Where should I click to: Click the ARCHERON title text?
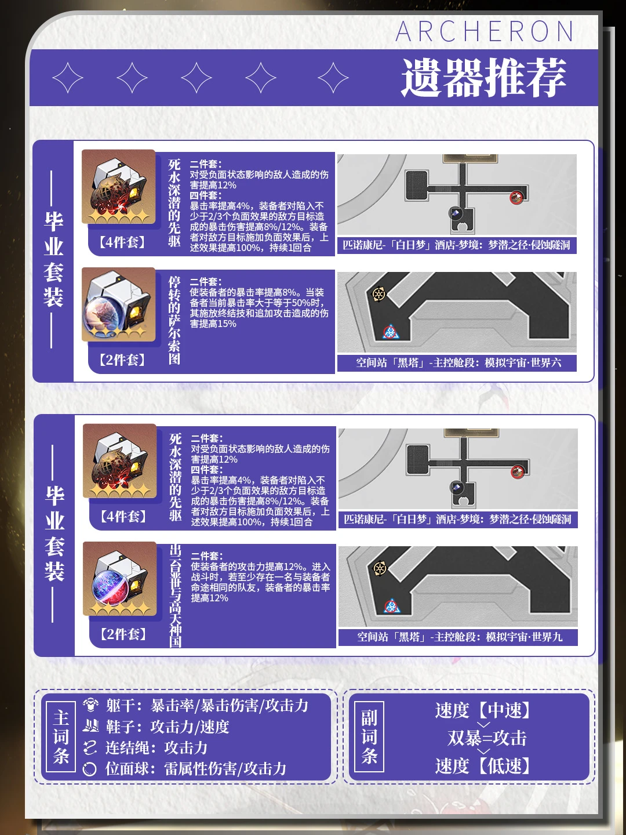tap(484, 31)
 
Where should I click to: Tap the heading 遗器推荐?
tap(483, 78)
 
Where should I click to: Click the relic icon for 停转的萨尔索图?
tap(119, 304)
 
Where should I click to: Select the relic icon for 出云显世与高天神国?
tap(120, 579)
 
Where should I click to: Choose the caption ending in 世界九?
tap(460, 637)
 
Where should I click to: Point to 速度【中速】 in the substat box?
tap(483, 710)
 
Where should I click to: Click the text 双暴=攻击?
tap(487, 738)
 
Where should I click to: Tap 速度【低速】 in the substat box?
tap(483, 765)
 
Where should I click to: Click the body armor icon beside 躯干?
tap(90, 705)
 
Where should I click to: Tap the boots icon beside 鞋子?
tap(90, 726)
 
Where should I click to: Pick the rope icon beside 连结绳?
tap(90, 747)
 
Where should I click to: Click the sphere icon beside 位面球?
tap(90, 769)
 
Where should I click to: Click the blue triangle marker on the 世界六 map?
tap(390, 332)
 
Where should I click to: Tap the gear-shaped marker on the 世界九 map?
tap(379, 568)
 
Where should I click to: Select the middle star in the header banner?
tap(196, 78)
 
